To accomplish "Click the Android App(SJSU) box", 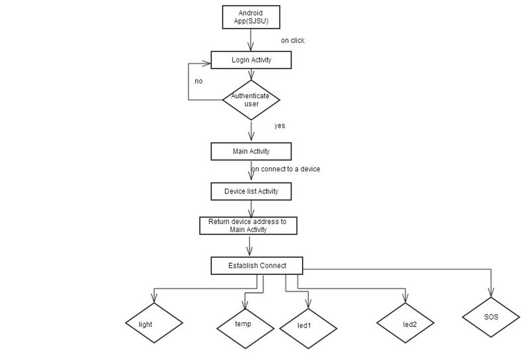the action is pyautogui.click(x=251, y=17).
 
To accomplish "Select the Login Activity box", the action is pyautogui.click(x=251, y=60).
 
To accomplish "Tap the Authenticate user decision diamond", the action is pyautogui.click(x=251, y=100).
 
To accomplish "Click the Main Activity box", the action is pyautogui.click(x=251, y=151).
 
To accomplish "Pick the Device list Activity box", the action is pyautogui.click(x=251, y=191).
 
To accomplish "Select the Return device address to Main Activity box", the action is pyautogui.click(x=248, y=226).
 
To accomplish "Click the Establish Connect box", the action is pyautogui.click(x=257, y=266).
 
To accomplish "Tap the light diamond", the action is pyautogui.click(x=154, y=323).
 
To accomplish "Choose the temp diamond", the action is pyautogui.click(x=245, y=329).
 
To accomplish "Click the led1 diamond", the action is pyautogui.click(x=308, y=329).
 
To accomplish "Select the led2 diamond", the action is pyautogui.click(x=406, y=323).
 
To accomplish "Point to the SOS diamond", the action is pyautogui.click(x=491, y=317).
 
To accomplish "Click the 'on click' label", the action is pyautogui.click(x=293, y=41).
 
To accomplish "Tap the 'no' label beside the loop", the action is pyautogui.click(x=198, y=81).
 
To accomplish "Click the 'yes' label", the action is pyautogui.click(x=279, y=126).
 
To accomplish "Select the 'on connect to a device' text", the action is pyautogui.click(x=285, y=169).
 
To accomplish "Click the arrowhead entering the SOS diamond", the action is pyautogui.click(x=491, y=292).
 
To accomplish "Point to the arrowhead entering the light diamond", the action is pyautogui.click(x=154, y=298).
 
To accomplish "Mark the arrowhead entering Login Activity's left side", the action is pyautogui.click(x=206, y=63).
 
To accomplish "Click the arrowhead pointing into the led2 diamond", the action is pyautogui.click(x=406, y=298).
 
